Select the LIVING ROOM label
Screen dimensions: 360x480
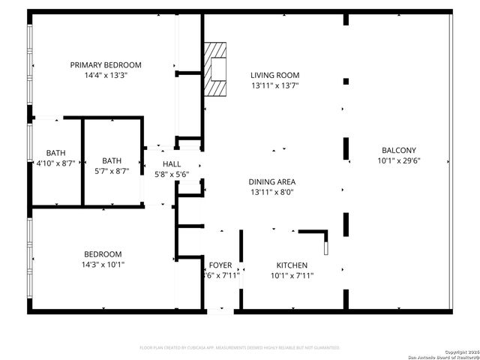click(274, 75)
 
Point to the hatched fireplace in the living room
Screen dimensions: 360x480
click(217, 69)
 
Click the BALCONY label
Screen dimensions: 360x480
click(398, 150)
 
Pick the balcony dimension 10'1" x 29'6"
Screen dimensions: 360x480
click(398, 160)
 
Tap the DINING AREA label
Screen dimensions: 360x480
click(271, 181)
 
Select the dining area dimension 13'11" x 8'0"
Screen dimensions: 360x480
click(271, 192)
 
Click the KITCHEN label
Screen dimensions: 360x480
click(292, 265)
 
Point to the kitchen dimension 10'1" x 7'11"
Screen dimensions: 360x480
click(292, 276)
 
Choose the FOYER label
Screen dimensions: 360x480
click(220, 265)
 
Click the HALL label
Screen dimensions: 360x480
click(172, 163)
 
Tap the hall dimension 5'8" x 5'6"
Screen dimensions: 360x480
click(172, 174)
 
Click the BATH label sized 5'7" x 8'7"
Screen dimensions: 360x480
click(112, 160)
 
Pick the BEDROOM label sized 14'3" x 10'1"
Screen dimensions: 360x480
click(103, 254)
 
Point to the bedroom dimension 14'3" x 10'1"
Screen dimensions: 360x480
click(103, 264)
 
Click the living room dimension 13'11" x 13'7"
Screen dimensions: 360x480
click(274, 85)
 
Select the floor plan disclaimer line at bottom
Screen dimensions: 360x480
click(240, 348)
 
